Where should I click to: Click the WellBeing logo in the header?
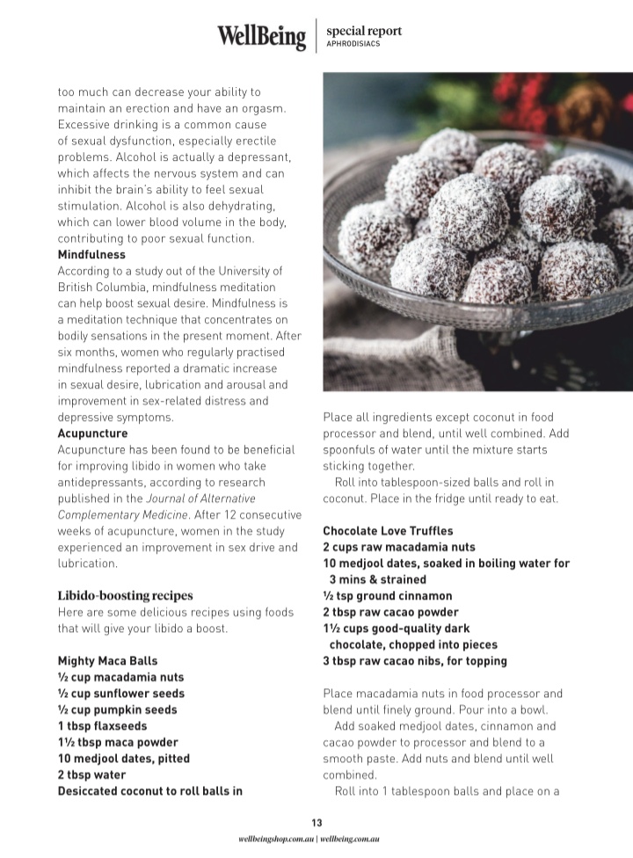(262, 36)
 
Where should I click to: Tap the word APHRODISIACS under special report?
(353, 43)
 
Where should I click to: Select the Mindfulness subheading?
(91, 254)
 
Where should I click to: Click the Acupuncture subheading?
(92, 433)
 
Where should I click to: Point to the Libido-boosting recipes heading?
(125, 595)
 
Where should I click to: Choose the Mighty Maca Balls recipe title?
(108, 661)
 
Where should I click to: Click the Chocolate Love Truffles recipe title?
(388, 531)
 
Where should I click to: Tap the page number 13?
(316, 823)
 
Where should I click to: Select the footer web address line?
(316, 840)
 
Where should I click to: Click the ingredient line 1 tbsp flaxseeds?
(102, 726)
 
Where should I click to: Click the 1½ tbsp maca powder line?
(118, 742)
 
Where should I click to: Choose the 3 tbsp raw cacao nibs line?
(415, 661)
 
